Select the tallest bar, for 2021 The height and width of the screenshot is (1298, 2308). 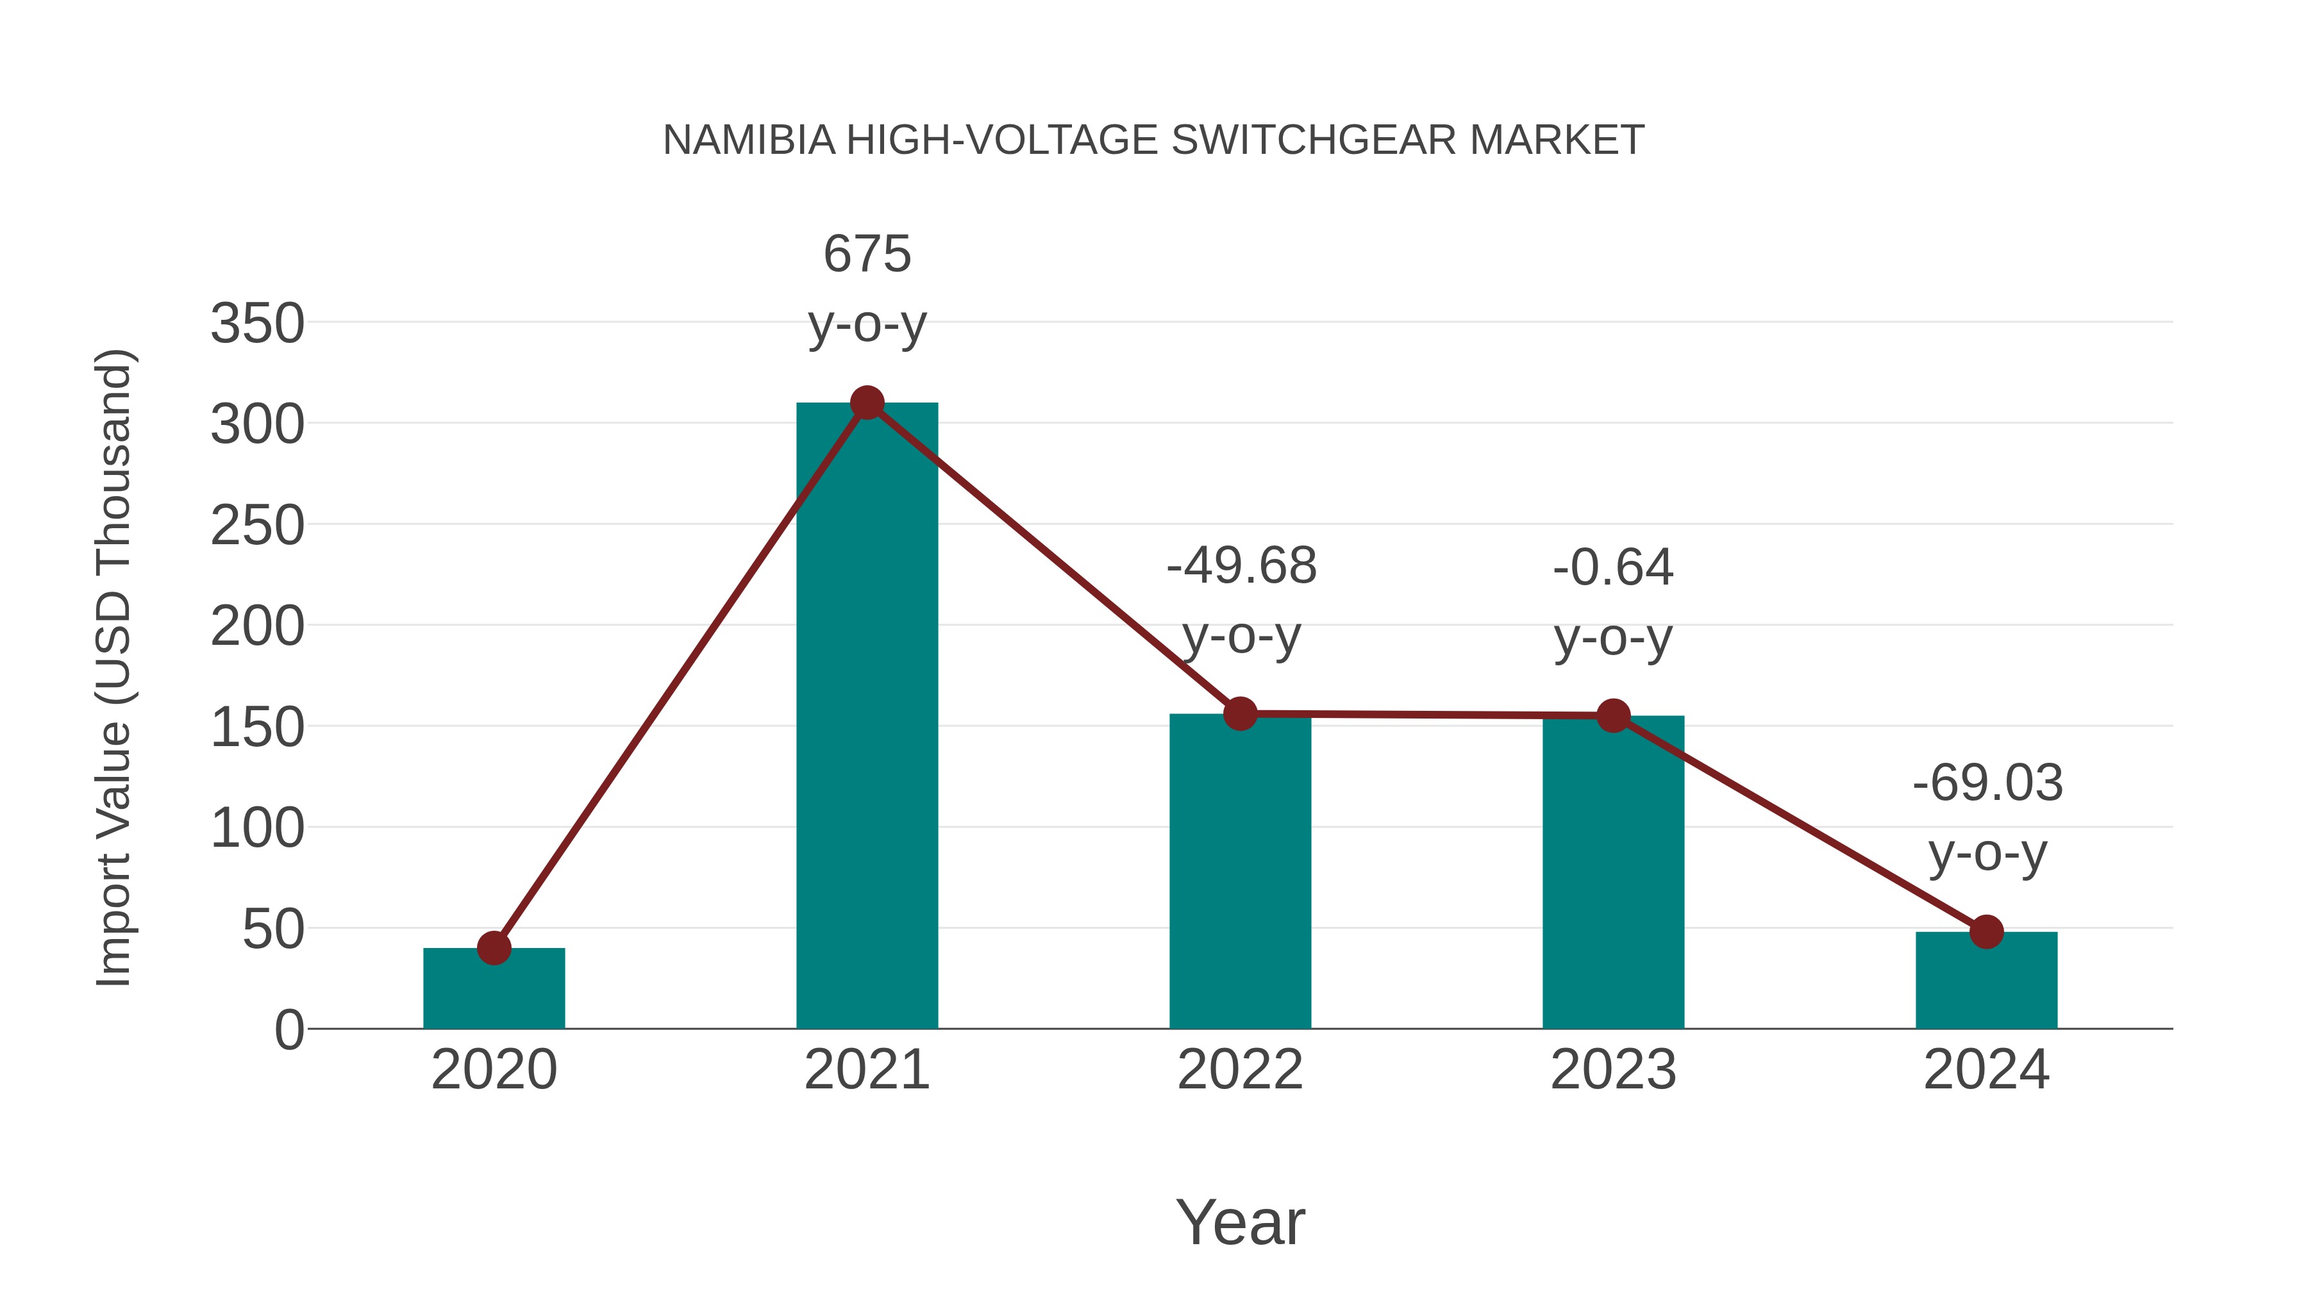(866, 717)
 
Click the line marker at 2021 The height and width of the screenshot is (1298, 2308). (866, 403)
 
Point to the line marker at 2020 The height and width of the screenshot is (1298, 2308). (494, 948)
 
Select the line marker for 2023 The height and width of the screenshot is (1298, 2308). (1613, 716)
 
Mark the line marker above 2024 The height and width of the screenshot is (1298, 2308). (1986, 931)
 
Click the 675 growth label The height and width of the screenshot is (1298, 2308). (866, 254)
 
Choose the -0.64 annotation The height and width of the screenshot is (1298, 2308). (1613, 568)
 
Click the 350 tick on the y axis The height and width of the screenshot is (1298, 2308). (257, 324)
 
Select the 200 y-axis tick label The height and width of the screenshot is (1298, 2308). (257, 626)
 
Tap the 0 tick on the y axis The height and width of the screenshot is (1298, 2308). (288, 1029)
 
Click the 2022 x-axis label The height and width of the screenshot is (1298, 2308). (1240, 1070)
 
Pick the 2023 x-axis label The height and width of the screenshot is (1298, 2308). (1613, 1070)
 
